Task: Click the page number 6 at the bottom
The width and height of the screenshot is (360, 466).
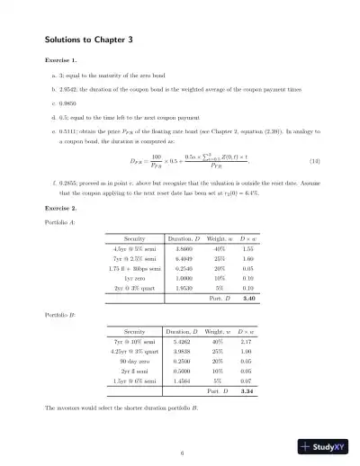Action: [181, 453]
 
